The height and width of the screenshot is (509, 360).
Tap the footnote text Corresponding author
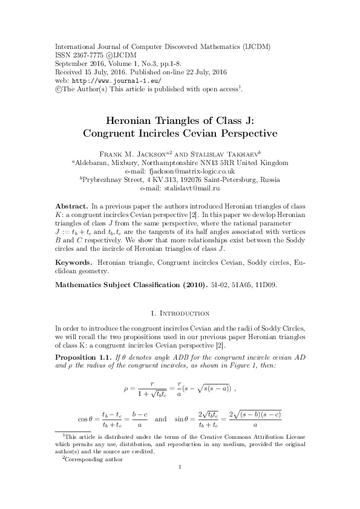pos(94,459)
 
